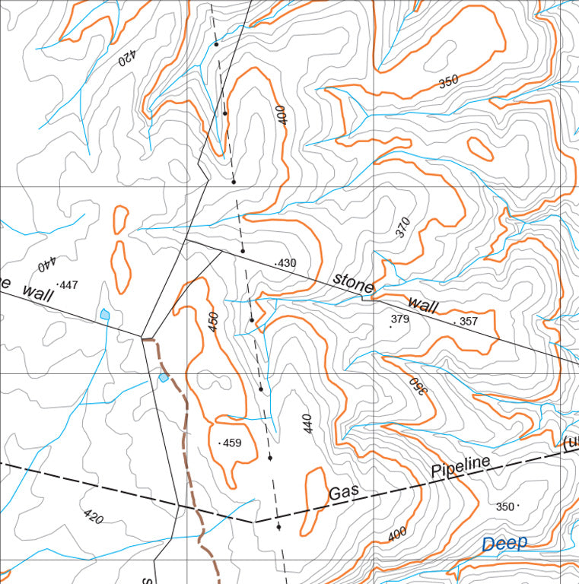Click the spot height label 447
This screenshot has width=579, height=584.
[68, 285]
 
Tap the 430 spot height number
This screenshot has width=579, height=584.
[287, 263]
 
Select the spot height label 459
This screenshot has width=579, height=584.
[231, 443]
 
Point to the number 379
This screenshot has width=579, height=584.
[400, 319]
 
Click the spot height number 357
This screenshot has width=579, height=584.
[468, 322]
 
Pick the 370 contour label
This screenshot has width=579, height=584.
[403, 228]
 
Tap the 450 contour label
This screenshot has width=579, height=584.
[213, 321]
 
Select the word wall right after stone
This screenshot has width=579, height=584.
[424, 305]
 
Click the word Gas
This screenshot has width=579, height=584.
[344, 493]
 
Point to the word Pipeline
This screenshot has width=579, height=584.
[460, 465]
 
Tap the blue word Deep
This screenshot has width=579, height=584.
[504, 543]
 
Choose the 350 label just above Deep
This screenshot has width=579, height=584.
[505, 506]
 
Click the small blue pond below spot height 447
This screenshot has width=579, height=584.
[105, 313]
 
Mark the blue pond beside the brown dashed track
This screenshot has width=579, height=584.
[164, 377]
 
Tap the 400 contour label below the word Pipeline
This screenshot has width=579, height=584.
[397, 535]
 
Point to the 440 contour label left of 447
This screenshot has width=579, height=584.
[46, 264]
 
